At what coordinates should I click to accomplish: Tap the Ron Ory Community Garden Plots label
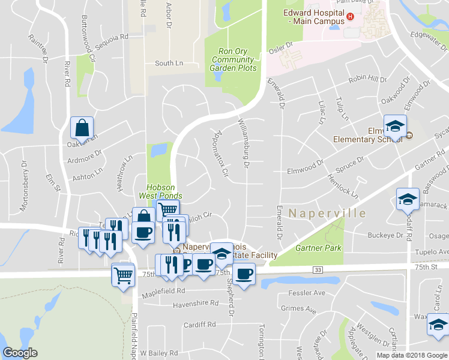[234, 59]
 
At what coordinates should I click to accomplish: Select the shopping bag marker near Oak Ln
[82, 128]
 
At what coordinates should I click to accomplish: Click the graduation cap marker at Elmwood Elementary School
[395, 127]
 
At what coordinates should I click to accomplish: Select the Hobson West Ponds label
[160, 191]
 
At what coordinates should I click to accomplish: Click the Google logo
[20, 353]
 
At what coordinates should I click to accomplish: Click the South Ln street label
[169, 63]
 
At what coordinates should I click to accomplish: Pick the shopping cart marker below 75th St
[123, 276]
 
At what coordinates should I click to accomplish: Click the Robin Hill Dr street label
[367, 79]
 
